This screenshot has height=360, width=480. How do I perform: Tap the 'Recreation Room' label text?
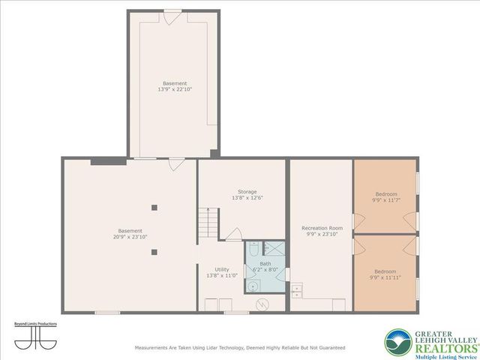click(x=322, y=227)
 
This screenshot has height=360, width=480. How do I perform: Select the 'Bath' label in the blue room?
click(x=265, y=264)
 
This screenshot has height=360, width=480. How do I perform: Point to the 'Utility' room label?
click(x=222, y=269)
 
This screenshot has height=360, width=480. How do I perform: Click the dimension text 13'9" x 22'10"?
click(x=175, y=89)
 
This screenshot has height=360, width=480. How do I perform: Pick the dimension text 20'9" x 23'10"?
click(x=130, y=237)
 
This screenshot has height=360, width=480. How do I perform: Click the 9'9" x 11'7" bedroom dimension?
click(x=385, y=200)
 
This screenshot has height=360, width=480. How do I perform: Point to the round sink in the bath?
click(x=254, y=285)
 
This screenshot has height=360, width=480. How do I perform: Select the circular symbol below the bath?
click(x=263, y=304)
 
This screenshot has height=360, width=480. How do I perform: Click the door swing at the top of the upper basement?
click(x=172, y=16)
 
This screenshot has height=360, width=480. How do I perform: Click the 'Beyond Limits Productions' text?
click(x=35, y=324)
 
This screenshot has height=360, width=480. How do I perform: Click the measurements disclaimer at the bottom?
click(x=239, y=348)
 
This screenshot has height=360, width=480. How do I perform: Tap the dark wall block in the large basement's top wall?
click(x=108, y=160)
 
